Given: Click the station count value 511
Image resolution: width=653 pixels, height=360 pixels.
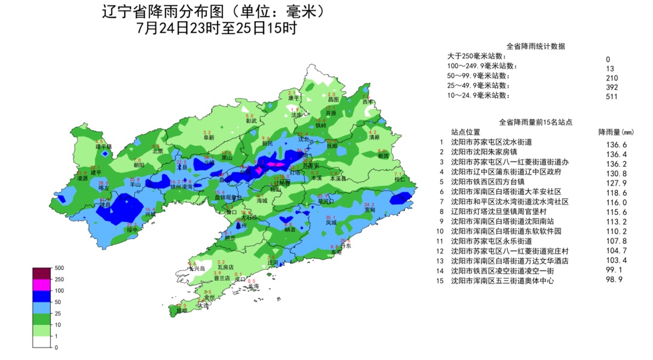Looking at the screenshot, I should pos(611,96).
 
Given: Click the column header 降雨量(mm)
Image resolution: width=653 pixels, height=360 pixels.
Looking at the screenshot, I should pos(616,132).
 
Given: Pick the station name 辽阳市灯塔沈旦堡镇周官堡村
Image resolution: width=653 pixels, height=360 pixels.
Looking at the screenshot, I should pos(499,212).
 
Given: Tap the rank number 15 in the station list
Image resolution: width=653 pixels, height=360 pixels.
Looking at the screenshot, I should pos(441,281).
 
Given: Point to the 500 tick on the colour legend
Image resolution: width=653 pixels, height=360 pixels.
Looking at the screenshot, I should pos(59,268).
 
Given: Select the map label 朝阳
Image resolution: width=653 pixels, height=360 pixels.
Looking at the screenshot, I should pos(139,165).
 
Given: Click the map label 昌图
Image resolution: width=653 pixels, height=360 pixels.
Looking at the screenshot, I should pos(333,99).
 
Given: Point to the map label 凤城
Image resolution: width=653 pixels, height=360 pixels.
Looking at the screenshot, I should pos(331,223).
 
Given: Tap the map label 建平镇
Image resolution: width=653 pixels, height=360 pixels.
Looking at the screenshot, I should pos(104,146).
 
